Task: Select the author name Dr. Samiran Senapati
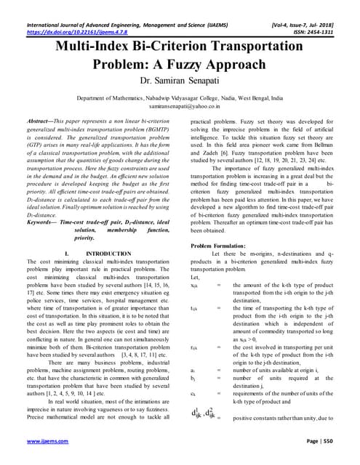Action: pyautogui.click(x=180, y=82)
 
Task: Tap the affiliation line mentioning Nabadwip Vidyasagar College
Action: pyautogui.click(x=180, y=96)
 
